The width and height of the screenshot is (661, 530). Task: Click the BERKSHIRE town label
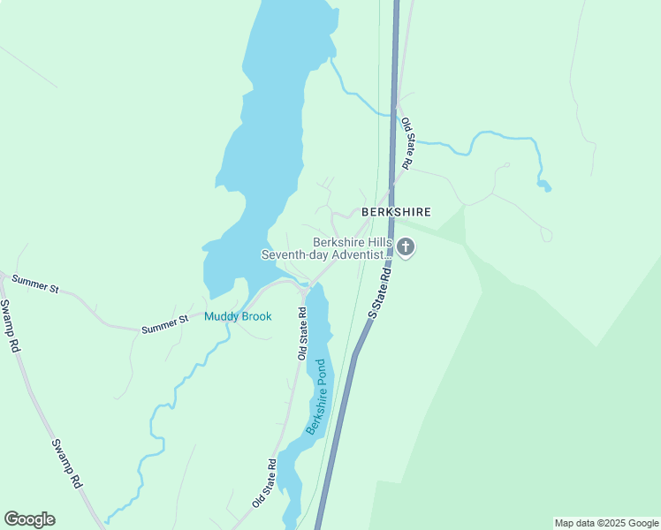[395, 212]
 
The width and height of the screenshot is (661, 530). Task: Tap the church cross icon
[406, 248]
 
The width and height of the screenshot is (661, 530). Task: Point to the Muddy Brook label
[238, 316]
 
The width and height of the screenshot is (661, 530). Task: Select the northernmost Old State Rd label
[407, 143]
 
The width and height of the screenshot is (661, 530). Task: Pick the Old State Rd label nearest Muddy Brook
[302, 334]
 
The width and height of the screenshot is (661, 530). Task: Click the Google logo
[29, 519]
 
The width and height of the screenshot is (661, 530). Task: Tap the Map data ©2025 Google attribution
[606, 523]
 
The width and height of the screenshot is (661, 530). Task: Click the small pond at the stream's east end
[544, 185]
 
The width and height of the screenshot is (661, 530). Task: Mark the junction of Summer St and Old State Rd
[304, 288]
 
